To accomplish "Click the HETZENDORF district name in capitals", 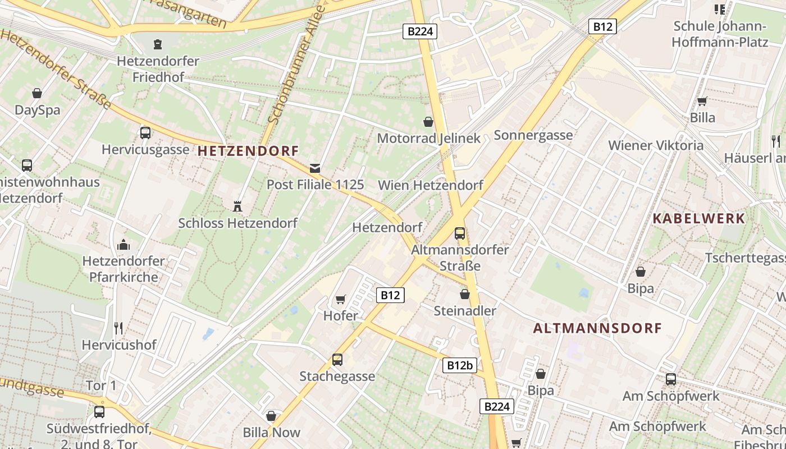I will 248,151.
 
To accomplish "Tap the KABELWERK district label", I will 698,219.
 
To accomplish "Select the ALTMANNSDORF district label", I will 597,328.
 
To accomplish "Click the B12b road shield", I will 460,365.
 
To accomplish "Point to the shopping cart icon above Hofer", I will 340,300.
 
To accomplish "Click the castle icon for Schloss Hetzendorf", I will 237,206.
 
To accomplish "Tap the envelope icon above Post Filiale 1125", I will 315,168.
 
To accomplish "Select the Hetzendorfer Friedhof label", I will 158,68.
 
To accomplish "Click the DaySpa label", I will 37,110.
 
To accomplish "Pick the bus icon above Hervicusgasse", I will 145,133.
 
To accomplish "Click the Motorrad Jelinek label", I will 429,138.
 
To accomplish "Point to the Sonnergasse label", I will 533,135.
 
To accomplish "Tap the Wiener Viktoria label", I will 656,146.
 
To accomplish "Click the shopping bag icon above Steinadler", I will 465,294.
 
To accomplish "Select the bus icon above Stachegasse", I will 337,359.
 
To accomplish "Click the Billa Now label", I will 272,433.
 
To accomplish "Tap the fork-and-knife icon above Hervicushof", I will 118,328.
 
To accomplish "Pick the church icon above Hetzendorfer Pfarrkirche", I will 124,245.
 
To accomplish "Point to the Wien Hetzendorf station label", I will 431,185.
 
